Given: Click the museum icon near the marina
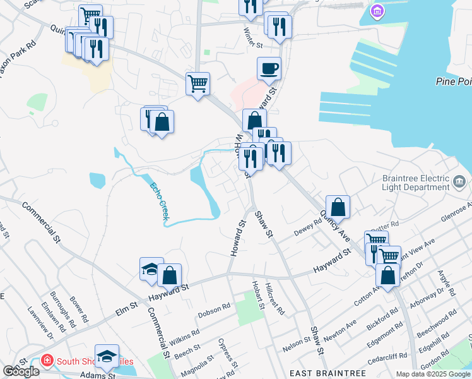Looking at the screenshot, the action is point(377,11).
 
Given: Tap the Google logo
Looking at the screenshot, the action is point(21,371).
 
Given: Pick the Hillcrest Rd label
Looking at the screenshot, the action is point(276,299).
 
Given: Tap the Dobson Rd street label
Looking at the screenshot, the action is point(214,311).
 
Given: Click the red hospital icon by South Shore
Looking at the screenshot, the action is point(47,361).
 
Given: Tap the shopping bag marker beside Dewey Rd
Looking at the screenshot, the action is point(338,207).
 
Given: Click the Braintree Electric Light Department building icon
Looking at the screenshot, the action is point(461,183).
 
